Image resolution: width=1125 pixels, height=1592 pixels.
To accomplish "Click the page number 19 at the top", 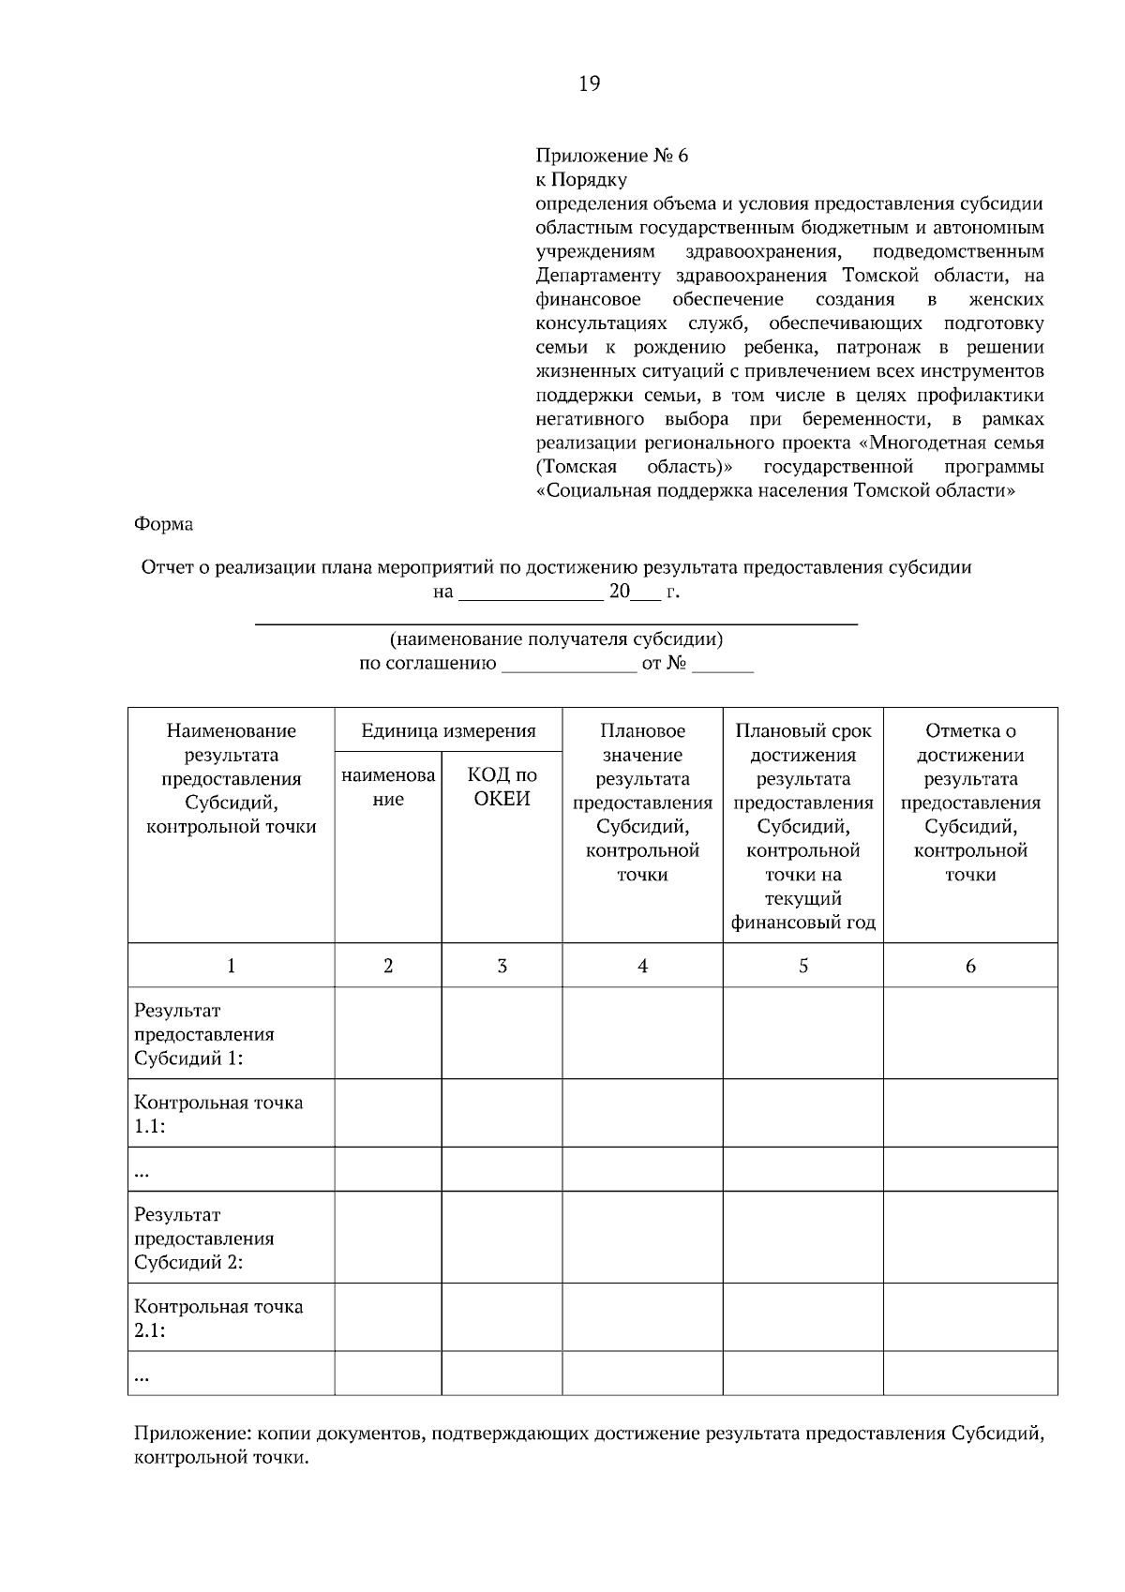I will [589, 84].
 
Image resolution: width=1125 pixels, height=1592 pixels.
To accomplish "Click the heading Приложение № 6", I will [611, 156].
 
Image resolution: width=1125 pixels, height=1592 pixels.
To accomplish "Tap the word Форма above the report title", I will [164, 524].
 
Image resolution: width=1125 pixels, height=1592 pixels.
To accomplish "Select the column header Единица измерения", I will [448, 730].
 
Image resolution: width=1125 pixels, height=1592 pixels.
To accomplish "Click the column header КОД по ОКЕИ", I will [502, 787].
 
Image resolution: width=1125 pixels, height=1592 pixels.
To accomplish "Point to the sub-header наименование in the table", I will [388, 787].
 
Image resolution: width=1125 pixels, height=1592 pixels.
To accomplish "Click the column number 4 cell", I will [642, 966].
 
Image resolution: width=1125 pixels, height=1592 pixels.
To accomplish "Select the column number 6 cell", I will [970, 966].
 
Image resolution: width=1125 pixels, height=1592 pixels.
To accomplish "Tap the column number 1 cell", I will [232, 966].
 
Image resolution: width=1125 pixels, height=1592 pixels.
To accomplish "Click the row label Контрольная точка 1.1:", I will [218, 1114].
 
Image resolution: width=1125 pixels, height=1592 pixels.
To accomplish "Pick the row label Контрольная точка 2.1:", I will [218, 1317].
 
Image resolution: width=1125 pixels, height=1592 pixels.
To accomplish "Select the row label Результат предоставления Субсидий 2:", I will [204, 1238].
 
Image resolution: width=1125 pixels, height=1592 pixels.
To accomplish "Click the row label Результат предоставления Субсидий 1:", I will [204, 1034].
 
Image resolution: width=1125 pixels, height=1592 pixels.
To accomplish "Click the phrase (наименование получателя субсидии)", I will [556, 639].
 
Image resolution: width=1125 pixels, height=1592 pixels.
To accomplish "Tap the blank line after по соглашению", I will [569, 667].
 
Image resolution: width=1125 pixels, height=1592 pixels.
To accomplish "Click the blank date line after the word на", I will [531, 594].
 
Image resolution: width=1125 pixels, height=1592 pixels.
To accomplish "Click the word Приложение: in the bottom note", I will [193, 1434].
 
